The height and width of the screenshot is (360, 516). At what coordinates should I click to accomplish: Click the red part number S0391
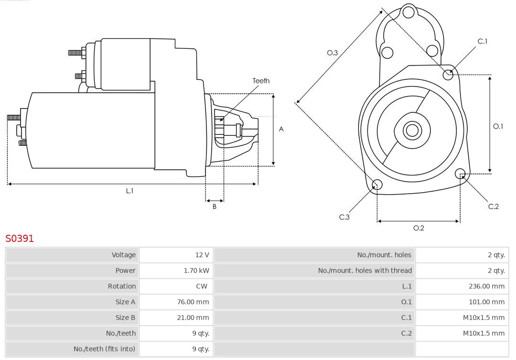tap(20, 238)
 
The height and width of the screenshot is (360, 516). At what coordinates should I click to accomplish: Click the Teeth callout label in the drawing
tap(261, 81)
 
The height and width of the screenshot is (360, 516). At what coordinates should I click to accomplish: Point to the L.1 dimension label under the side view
tap(129, 191)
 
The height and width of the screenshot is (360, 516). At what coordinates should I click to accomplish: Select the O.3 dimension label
tap(332, 53)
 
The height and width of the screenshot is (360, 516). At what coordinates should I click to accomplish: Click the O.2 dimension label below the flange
tap(419, 228)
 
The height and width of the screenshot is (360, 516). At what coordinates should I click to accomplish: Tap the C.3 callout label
tap(344, 217)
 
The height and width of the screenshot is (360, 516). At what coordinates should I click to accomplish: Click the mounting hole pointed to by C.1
tap(448, 74)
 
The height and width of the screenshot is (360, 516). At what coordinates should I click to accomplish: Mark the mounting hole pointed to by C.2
tap(460, 173)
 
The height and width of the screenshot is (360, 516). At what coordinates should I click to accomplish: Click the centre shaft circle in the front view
tap(411, 130)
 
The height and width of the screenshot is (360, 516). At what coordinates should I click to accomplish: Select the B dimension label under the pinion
tap(215, 207)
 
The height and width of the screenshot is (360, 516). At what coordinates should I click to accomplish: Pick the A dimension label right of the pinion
tap(281, 129)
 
